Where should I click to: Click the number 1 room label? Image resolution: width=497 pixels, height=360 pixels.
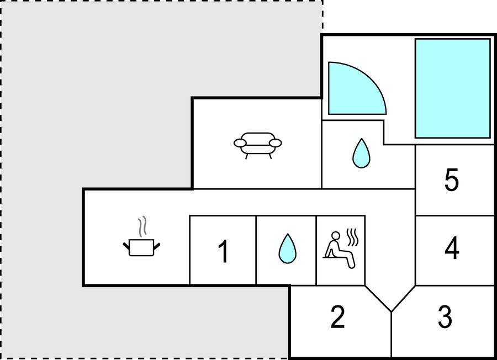223,251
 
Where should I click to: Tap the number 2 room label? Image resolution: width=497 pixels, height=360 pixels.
337,317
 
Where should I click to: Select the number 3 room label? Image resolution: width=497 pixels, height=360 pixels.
445,317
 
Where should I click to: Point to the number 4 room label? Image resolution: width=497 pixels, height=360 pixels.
452,248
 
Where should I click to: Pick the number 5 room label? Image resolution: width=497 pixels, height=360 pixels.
452,179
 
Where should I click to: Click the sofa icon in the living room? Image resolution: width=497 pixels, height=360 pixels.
258,145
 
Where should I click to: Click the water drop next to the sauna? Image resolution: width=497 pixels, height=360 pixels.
288,248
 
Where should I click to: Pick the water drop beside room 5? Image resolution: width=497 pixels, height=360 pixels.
361,153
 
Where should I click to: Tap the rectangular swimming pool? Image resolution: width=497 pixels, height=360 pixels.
453,88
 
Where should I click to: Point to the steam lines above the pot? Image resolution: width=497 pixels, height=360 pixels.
142,226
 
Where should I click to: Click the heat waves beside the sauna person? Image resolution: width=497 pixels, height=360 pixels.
353,237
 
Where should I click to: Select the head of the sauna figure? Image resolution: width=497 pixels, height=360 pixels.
335,236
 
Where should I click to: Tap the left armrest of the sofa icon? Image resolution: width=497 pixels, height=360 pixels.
240,143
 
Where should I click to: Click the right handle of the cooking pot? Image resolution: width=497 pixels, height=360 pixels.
157,246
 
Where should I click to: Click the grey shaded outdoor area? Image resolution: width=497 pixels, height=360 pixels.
95,95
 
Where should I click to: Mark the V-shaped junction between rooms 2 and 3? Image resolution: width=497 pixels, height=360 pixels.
391,311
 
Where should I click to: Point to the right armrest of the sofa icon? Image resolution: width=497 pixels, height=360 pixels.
276,143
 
